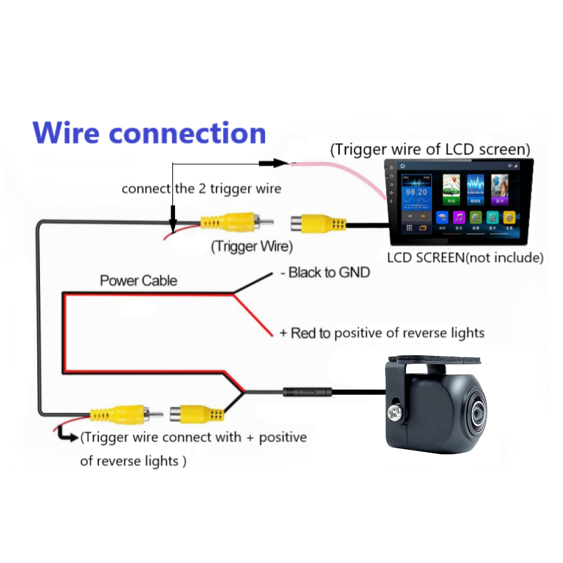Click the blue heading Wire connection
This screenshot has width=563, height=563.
[149, 133]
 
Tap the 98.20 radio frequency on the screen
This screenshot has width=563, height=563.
[417, 193]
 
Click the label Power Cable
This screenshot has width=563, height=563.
[138, 280]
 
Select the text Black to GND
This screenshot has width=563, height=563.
[325, 273]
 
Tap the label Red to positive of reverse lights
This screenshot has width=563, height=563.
[382, 333]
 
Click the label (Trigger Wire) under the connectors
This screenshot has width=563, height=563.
[252, 246]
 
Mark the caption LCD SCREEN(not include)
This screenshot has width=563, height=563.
[465, 258]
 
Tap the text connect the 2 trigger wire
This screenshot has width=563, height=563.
[201, 188]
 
